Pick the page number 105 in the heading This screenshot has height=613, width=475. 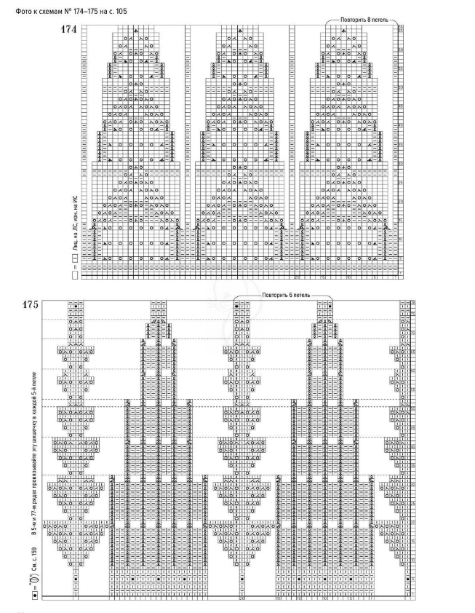coord(119,10)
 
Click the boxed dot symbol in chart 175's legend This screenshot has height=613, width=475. coord(33,596)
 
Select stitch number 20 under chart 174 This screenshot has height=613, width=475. coord(298,278)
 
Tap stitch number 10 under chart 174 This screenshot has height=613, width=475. coord(348,278)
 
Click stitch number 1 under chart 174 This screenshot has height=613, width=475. coord(394,278)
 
